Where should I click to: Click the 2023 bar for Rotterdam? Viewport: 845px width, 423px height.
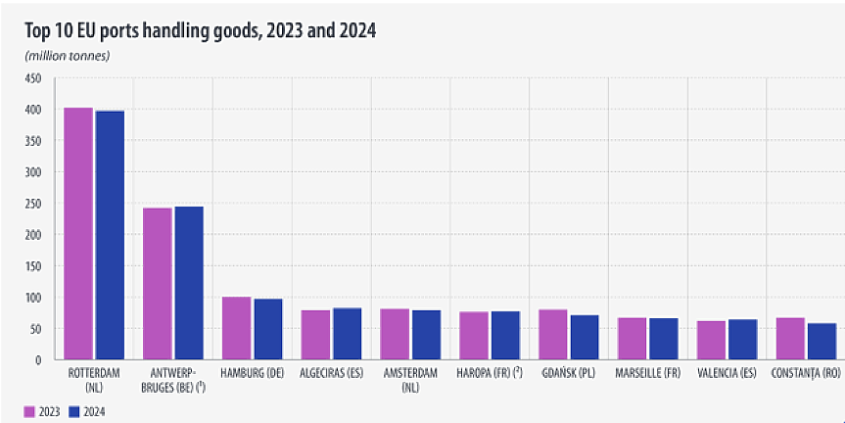[78, 234]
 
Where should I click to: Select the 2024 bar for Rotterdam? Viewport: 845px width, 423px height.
[110, 236]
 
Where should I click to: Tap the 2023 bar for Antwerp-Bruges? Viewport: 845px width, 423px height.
[157, 284]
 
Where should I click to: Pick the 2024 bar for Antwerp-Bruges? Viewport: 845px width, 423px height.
[189, 283]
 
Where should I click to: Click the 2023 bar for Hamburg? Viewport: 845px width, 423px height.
[236, 328]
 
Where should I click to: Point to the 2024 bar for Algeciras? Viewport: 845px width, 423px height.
[347, 334]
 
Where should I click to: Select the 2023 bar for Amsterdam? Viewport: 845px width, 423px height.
[395, 334]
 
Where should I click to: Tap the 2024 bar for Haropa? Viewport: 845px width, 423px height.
[505, 336]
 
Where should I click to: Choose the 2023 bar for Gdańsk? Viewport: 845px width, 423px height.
[553, 335]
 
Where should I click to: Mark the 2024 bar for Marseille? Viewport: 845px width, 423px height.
[663, 339]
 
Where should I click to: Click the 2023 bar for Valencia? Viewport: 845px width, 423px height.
[711, 341]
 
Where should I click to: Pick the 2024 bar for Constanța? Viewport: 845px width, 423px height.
[822, 342]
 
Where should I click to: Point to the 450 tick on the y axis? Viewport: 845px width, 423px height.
[33, 78]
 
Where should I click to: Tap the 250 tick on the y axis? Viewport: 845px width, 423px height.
[33, 204]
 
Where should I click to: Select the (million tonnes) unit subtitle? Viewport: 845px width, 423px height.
[68, 55]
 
